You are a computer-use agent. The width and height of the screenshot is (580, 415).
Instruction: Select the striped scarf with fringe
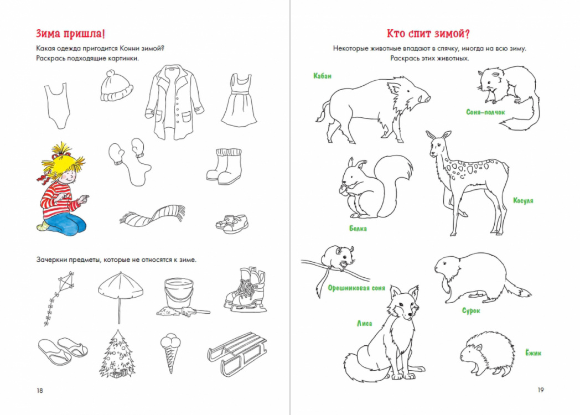tap(152, 215)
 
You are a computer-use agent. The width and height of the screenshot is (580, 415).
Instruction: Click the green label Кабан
tap(323, 76)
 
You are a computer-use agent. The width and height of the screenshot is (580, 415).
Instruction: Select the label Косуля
tap(523, 200)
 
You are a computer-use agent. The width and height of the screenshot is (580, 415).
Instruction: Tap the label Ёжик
tap(534, 352)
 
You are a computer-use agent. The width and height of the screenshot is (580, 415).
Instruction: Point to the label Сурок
tap(471, 310)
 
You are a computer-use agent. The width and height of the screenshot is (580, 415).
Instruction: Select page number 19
tap(541, 390)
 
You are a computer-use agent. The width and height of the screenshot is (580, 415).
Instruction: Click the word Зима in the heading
tap(49, 33)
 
